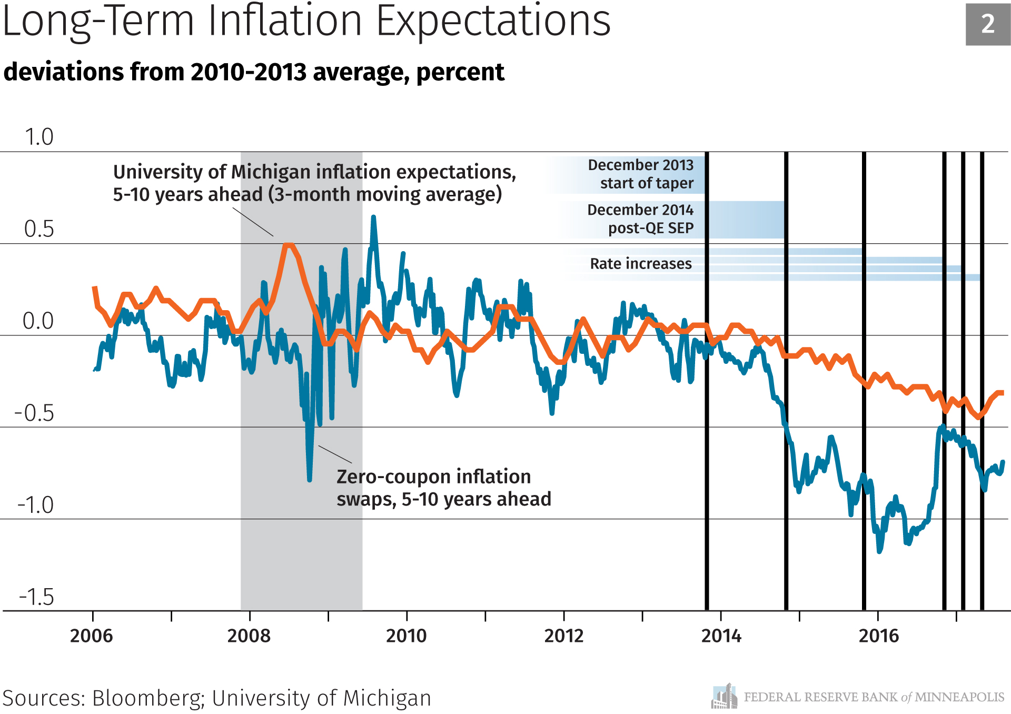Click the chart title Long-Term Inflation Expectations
click(306, 22)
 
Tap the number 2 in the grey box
click(988, 24)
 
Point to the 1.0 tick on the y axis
click(39, 137)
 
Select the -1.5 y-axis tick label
click(36, 597)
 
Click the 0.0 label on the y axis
click(38, 321)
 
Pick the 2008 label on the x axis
click(249, 636)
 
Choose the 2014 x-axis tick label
click(721, 636)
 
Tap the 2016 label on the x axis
click(878, 636)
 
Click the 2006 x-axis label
click(92, 636)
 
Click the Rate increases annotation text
click(641, 264)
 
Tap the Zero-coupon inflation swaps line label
click(443, 488)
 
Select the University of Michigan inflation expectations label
click(314, 183)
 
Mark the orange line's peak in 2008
click(288, 245)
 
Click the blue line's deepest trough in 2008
click(309, 479)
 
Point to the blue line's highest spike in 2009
click(373, 217)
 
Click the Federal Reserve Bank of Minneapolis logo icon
click(724, 697)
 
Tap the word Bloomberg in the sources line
click(148, 698)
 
